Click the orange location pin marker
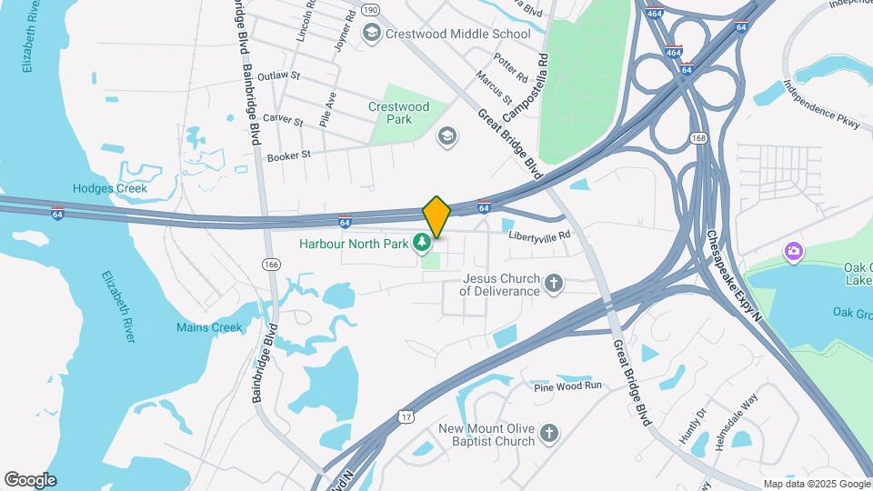tap(436, 216)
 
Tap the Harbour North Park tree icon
tap(421, 243)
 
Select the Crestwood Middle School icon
tap(371, 34)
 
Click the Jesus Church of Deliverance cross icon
tap(553, 285)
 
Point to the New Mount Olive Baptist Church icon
tap(548, 435)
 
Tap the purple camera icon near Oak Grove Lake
tap(793, 250)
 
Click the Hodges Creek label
tap(109, 188)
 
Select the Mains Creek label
tap(209, 327)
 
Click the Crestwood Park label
tap(398, 113)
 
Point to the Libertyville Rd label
tap(539, 235)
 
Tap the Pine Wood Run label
tap(568, 386)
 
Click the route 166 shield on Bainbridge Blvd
tap(270, 264)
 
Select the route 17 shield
tap(405, 416)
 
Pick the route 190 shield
tap(369, 10)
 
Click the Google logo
tap(29, 479)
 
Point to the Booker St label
tap(289, 155)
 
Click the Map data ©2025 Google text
tap(816, 484)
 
